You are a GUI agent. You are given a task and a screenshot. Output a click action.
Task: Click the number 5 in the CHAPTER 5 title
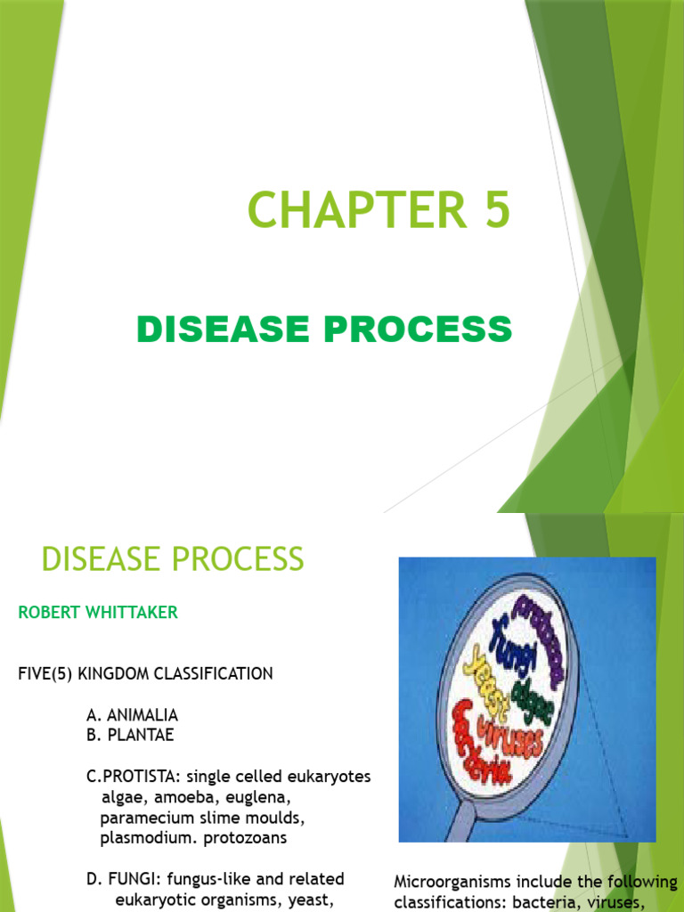click(x=493, y=211)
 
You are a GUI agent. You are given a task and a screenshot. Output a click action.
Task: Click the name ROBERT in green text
click(x=44, y=613)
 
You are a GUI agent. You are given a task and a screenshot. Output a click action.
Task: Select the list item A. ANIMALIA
click(x=132, y=715)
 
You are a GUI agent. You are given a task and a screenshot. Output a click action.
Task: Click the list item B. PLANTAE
click(x=130, y=736)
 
